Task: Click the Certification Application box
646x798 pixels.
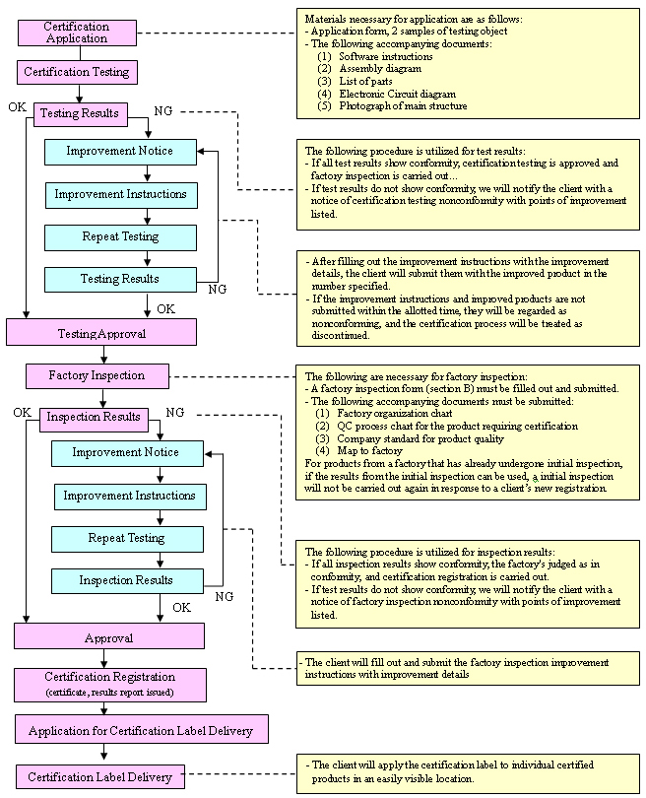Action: click(77, 32)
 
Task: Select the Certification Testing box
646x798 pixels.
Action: click(76, 72)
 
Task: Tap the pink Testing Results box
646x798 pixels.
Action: click(79, 113)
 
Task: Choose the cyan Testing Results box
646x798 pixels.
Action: click(119, 279)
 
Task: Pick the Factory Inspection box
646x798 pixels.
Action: click(97, 375)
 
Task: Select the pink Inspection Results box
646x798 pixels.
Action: click(94, 417)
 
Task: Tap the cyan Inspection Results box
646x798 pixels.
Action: click(126, 580)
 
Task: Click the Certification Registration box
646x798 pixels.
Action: click(110, 684)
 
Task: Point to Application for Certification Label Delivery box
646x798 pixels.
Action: click(140, 730)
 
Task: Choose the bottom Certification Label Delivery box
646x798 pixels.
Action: click(99, 777)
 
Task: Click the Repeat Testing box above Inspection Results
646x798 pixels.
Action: click(127, 538)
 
